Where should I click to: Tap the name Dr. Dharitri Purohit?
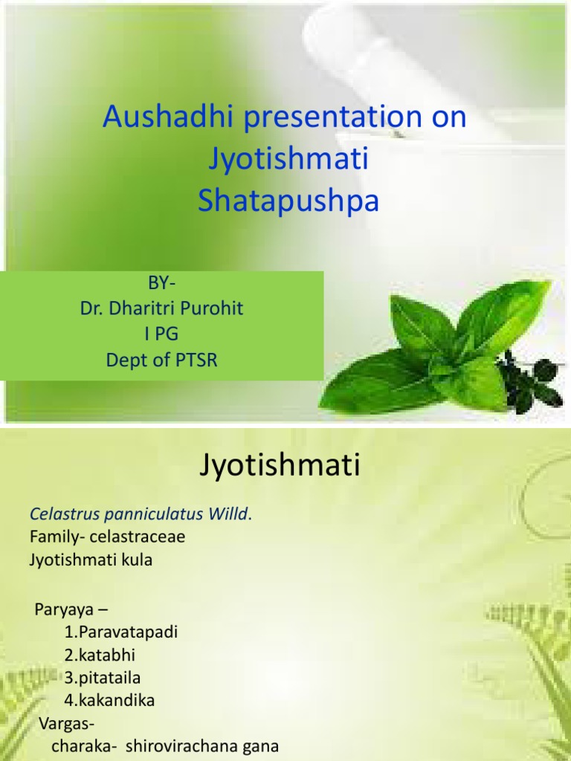click(x=162, y=309)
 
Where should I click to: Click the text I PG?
click(x=162, y=334)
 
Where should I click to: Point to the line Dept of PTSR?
click(x=162, y=360)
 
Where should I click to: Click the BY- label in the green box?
click(x=162, y=284)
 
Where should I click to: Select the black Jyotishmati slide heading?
click(x=280, y=467)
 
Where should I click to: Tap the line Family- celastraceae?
click(x=107, y=537)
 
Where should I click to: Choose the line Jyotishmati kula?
click(x=91, y=560)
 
